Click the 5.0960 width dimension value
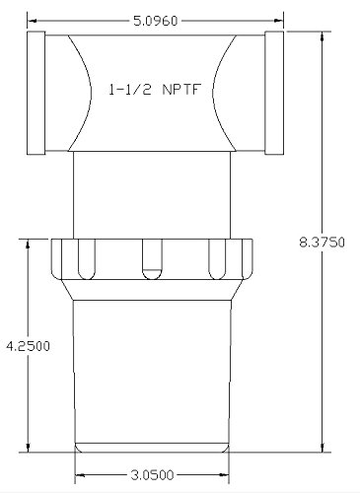[155, 21]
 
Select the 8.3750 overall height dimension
[323, 243]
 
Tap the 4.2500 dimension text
[29, 346]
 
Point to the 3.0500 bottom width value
[152, 475]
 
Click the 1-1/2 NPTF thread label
[155, 90]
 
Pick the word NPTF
[181, 90]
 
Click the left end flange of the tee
[36, 93]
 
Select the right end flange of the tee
[274, 93]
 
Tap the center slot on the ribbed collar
[152, 259]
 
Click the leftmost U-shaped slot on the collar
[87, 259]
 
